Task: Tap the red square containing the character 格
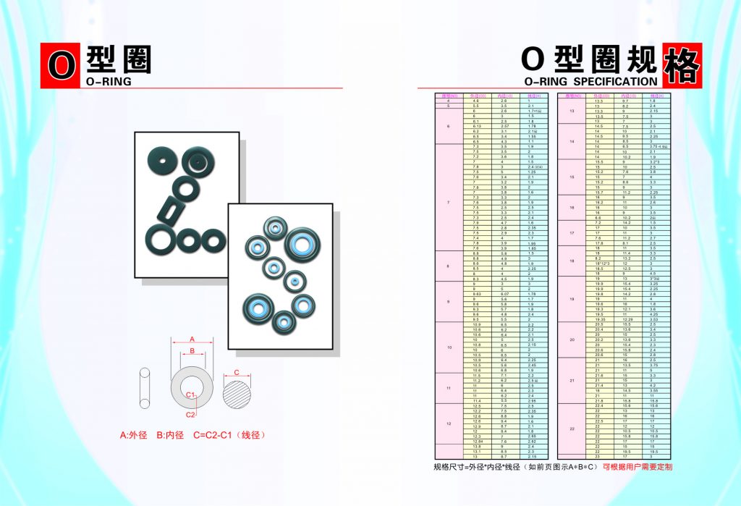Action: point(682,64)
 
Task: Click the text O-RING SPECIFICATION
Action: point(590,82)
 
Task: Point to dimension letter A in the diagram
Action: point(192,339)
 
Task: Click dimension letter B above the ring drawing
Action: point(191,351)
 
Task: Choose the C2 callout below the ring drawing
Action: point(190,415)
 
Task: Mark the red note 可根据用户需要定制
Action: point(638,467)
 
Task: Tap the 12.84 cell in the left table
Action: point(477,441)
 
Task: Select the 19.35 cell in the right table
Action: point(599,319)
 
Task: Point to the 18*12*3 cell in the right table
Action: point(599,263)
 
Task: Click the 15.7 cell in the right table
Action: point(599,193)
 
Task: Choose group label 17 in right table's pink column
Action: point(572,232)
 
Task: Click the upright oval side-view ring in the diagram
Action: point(145,388)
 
